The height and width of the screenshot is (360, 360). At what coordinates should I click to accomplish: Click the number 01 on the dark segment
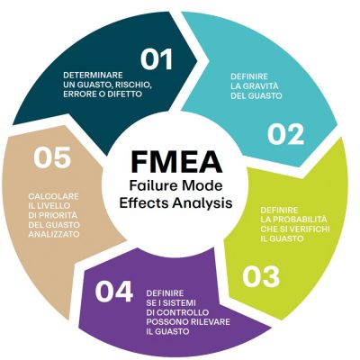tap(157, 59)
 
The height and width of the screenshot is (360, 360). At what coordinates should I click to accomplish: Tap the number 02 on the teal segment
tap(285, 134)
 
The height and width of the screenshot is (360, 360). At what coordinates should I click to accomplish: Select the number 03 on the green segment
tap(261, 277)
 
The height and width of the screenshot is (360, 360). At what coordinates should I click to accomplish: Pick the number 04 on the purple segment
tap(114, 292)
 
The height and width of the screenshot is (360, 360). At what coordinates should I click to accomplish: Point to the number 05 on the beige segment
tap(52, 157)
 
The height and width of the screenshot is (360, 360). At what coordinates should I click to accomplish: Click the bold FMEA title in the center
tap(176, 162)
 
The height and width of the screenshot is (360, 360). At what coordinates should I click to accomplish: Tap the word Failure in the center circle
tap(148, 185)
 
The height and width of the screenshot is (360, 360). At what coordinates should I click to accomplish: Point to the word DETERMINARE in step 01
tap(93, 75)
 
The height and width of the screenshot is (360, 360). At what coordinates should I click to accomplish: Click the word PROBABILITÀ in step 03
tap(293, 220)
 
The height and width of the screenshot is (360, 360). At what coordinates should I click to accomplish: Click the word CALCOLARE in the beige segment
tap(54, 196)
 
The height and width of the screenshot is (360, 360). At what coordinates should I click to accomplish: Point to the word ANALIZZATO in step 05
tap(54, 234)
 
